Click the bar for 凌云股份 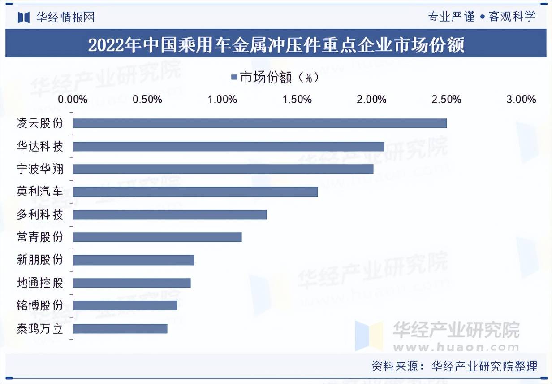[260, 123]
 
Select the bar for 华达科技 [229, 146]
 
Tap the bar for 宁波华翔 [223, 169]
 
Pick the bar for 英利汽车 [195, 192]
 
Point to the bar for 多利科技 [170, 215]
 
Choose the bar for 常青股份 [157, 237]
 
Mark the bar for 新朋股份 [134, 260]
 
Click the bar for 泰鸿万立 [120, 329]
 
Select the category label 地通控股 [39, 283]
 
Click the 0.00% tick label [73, 100]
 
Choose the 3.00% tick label [521, 100]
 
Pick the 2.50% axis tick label [446, 100]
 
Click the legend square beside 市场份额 [233, 78]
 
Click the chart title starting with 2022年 [276, 45]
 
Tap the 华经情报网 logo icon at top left [23, 17]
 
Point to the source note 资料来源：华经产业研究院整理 [454, 366]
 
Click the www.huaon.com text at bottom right [456, 347]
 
